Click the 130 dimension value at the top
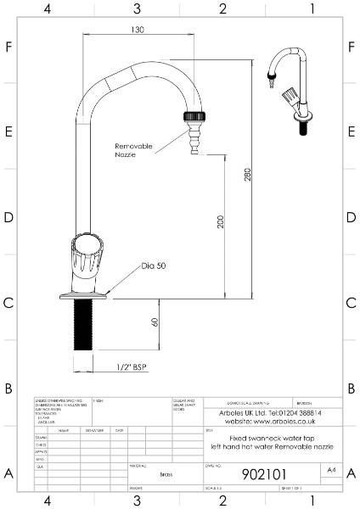tap(137, 29)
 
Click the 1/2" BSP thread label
tap(129, 368)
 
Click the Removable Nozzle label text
tap(133, 151)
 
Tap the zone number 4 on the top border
tap(48, 8)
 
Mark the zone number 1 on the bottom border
tap(312, 501)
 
